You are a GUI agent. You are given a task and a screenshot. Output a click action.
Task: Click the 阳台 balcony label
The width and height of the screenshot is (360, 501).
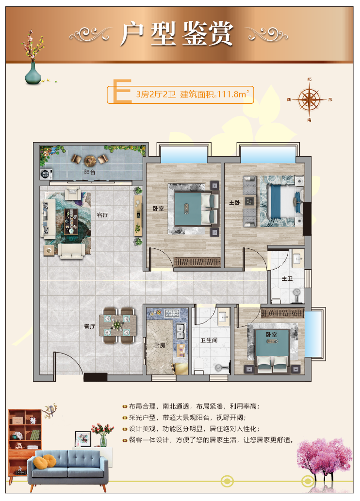(90, 172)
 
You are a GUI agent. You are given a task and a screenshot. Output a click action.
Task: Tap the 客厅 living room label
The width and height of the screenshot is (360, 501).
(103, 215)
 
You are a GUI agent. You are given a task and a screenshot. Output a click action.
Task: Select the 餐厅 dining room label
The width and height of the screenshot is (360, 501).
(90, 326)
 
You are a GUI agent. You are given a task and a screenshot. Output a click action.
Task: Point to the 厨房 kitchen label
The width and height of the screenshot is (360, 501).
(160, 345)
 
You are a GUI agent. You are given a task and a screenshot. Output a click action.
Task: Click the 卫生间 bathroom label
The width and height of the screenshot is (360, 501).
(209, 340)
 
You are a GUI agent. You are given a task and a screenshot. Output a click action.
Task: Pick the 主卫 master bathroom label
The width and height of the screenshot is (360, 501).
(287, 278)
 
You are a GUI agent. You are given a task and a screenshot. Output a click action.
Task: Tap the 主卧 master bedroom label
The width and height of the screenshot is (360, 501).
(234, 202)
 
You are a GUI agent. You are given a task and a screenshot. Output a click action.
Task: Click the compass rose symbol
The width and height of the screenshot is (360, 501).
(309, 99)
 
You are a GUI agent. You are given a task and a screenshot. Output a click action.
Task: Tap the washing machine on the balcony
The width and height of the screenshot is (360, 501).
(47, 174)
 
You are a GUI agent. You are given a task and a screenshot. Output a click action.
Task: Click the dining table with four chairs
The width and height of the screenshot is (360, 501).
(118, 325)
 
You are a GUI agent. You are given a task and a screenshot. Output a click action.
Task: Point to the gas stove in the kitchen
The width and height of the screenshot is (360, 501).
(172, 314)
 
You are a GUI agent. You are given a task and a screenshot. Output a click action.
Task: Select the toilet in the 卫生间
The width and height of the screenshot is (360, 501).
(199, 366)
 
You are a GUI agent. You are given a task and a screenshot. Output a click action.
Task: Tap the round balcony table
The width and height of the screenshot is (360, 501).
(90, 160)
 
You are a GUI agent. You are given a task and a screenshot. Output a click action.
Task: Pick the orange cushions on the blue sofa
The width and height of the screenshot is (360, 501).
(45, 462)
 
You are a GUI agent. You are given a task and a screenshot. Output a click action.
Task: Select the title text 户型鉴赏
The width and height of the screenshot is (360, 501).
(177, 33)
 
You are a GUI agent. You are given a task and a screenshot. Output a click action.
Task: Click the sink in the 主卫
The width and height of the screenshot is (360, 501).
(297, 258)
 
